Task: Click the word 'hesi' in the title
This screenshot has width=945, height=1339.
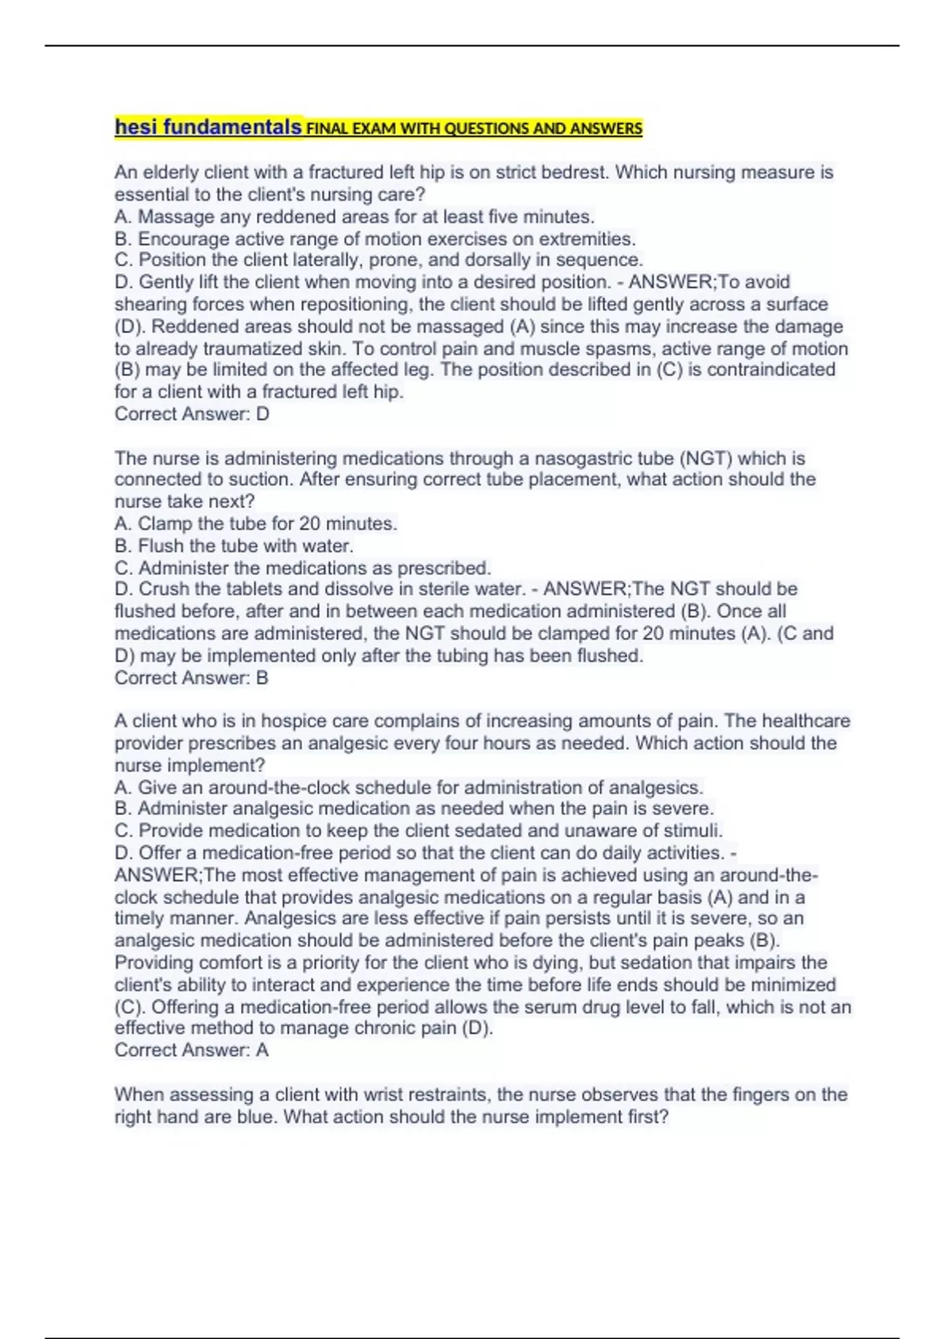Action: click(x=136, y=127)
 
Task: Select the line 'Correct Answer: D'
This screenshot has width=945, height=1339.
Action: click(x=191, y=414)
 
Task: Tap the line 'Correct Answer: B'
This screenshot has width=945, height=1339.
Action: click(x=191, y=678)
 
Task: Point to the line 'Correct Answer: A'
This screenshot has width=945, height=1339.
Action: click(x=191, y=1051)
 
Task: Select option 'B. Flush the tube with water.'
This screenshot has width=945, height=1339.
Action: click(x=234, y=546)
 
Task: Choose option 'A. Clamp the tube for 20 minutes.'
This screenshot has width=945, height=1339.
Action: click(x=256, y=524)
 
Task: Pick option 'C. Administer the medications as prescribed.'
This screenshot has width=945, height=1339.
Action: click(x=302, y=568)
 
